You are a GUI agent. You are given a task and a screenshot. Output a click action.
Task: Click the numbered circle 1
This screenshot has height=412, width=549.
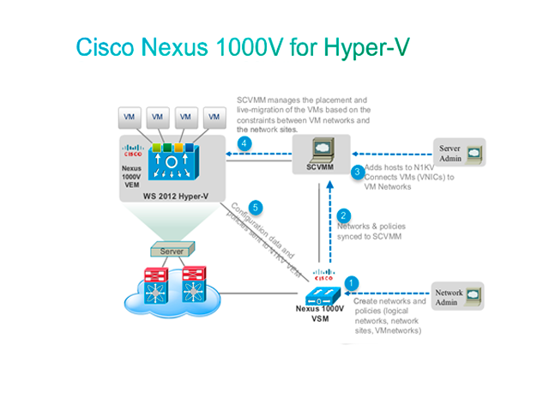tap(350, 282)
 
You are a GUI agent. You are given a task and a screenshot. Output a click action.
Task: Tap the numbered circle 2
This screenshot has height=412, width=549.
tap(344, 215)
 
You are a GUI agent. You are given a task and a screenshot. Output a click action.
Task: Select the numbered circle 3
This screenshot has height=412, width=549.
tap(359, 172)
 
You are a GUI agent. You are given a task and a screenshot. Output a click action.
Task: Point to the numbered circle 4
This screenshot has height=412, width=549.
tap(244, 143)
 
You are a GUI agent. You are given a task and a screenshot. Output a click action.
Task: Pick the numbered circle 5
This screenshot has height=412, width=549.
tap(253, 207)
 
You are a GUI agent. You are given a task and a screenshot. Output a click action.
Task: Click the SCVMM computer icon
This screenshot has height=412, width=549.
tap(323, 150)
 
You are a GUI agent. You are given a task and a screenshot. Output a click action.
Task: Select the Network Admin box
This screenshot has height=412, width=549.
tap(458, 297)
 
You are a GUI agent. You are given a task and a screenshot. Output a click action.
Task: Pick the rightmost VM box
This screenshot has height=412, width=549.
tap(210, 116)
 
